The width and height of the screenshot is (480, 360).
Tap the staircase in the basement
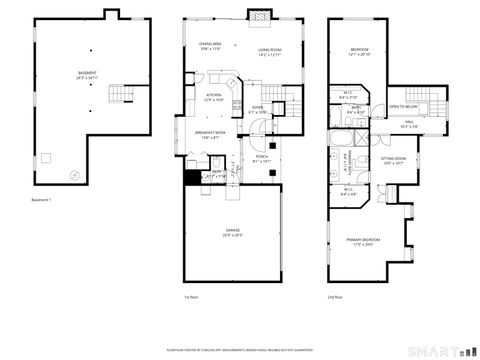pyautogui.click(x=120, y=94)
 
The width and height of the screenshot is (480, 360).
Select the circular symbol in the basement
pyautogui.click(x=73, y=172)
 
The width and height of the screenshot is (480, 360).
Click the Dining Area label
pyautogui.click(x=211, y=45)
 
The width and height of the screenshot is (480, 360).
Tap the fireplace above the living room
pyautogui.click(x=258, y=15)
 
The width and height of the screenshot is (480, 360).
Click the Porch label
pyautogui.click(x=261, y=158)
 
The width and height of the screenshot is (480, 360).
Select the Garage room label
pyautogui.click(x=232, y=232)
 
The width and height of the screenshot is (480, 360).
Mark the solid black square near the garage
pyautogui.click(x=191, y=177)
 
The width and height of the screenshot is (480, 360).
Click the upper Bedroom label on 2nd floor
pyautogui.click(x=359, y=52)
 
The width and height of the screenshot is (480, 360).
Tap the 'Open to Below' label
pyautogui.click(x=403, y=105)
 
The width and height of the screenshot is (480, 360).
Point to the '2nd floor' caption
pyautogui.click(x=334, y=297)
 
